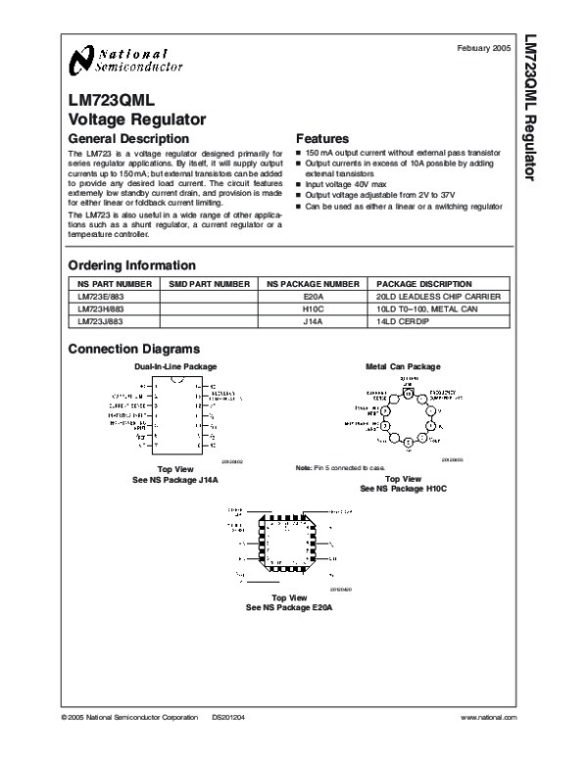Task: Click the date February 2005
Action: click(x=485, y=48)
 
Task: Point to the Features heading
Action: click(x=322, y=138)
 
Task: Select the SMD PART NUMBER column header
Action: click(x=209, y=283)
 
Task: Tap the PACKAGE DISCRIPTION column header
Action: click(x=424, y=283)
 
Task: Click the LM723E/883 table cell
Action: click(x=100, y=296)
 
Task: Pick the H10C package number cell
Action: click(x=313, y=308)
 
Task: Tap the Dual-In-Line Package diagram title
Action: click(x=175, y=366)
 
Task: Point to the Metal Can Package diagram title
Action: click(x=403, y=366)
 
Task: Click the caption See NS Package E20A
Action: click(x=289, y=607)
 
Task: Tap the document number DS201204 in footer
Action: click(x=228, y=718)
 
